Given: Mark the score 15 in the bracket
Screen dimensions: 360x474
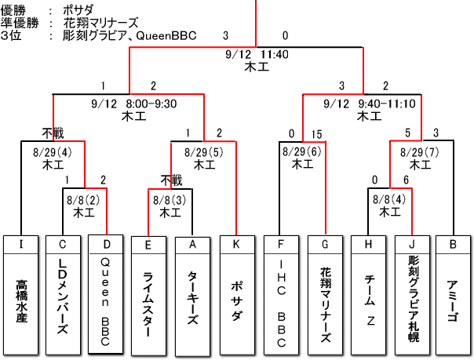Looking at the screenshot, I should (x=317, y=133).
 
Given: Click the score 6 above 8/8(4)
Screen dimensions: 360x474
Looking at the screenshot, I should (x=406, y=181).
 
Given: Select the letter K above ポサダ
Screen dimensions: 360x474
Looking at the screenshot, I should (x=237, y=243).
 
